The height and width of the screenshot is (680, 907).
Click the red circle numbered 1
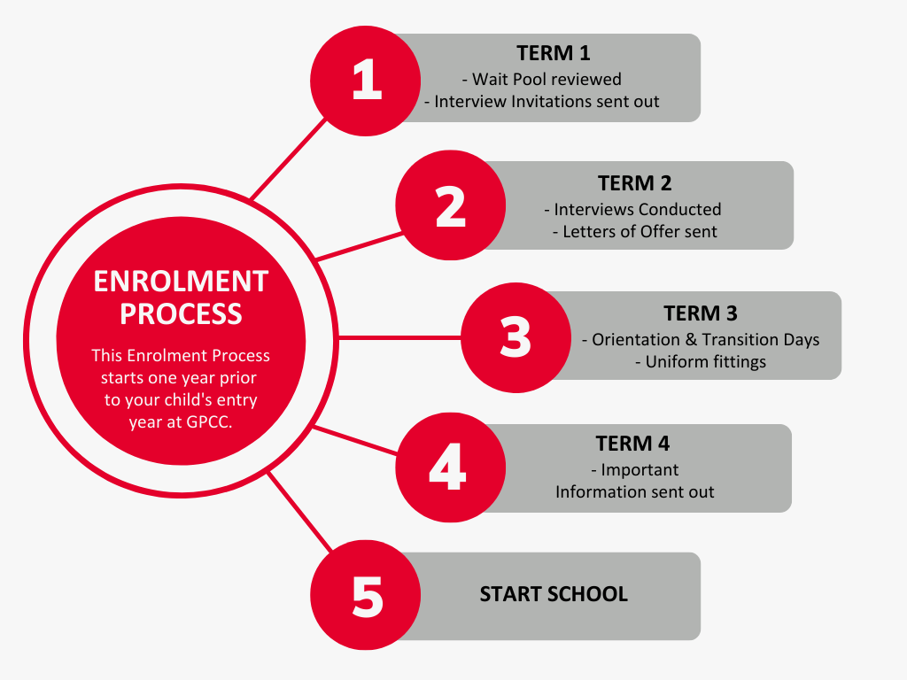(365, 81)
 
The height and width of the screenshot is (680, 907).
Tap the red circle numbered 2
(451, 205)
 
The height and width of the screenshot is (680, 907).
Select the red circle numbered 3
(516, 337)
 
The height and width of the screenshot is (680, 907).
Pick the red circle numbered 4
(451, 467)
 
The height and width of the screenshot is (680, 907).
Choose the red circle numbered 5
(365, 595)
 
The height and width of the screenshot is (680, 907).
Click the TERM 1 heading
(554, 53)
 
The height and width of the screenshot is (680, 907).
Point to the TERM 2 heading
(634, 183)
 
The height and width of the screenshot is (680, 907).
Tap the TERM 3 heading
(701, 313)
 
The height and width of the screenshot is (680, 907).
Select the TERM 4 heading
(632, 444)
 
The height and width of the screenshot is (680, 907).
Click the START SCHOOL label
(554, 594)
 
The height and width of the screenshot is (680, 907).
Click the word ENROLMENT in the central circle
(181, 282)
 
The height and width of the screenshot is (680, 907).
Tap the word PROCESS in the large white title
(181, 314)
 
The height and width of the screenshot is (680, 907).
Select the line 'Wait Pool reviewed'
(542, 79)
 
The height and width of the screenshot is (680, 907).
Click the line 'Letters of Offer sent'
(634, 232)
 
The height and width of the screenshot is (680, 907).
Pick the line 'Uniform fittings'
(701, 362)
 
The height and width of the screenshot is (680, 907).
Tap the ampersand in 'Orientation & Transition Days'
(691, 339)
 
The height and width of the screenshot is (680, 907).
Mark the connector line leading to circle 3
(399, 337)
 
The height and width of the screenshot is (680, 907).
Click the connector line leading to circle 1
(289, 159)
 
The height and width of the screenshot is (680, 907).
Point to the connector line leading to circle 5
(300, 512)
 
